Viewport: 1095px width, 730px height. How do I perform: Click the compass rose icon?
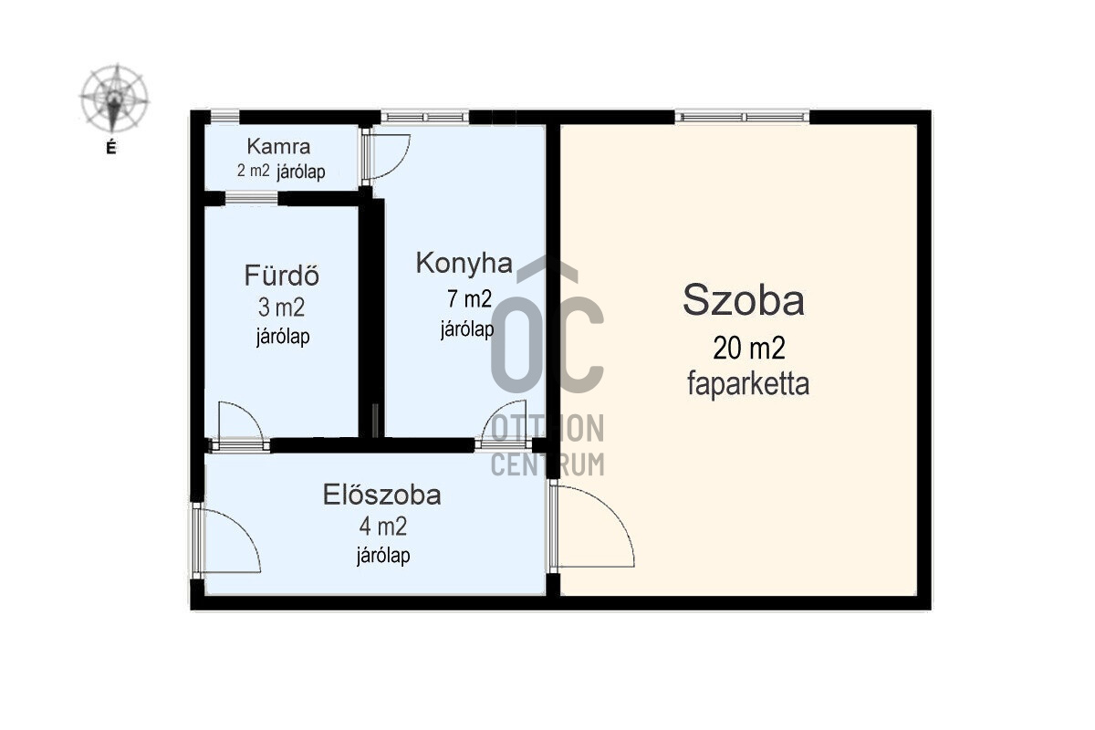point(114,99)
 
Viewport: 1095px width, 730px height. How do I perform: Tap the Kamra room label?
point(278,147)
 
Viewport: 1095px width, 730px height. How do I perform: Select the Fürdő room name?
point(281,276)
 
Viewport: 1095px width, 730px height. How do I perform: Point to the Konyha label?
point(464,263)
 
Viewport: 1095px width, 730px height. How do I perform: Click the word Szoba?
point(744,300)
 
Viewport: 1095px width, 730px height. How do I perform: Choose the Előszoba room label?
point(381,495)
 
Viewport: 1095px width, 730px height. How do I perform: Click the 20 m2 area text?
point(748,349)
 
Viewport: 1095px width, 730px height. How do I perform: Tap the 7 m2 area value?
point(469,299)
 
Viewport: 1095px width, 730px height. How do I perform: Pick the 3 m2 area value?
point(282,308)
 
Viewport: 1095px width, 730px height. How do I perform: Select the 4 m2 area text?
point(382,527)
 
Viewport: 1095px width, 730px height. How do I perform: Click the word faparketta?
point(748,384)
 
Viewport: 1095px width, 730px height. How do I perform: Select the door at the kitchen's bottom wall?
point(505,424)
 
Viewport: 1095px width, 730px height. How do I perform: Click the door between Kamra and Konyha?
point(385,155)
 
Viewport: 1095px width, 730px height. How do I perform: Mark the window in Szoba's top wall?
point(743,117)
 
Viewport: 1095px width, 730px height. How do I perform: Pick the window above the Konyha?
point(424,117)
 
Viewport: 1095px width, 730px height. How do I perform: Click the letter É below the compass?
point(111,147)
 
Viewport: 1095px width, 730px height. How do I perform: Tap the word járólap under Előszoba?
point(382,556)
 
